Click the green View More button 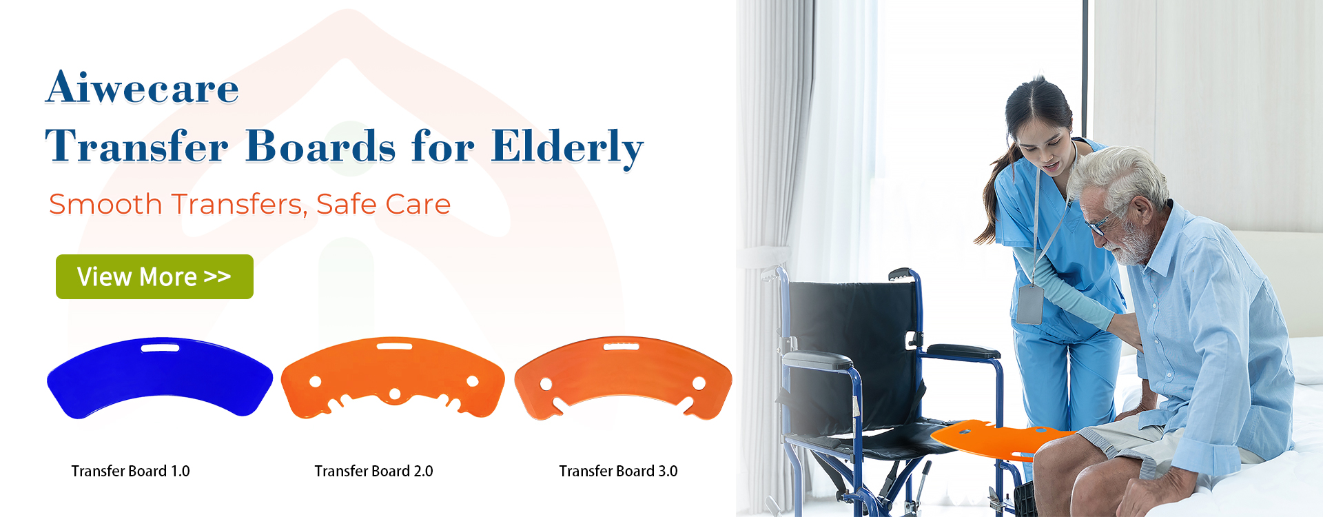154,276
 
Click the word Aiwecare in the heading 143,88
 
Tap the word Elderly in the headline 567,147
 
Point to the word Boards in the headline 320,146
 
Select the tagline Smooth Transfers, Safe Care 249,204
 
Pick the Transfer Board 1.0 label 131,471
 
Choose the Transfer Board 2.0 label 373,471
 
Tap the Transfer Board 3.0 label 618,471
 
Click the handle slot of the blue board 160,347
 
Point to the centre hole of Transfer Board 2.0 395,394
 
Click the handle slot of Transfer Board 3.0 622,346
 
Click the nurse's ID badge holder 1029,303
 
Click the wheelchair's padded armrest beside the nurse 963,352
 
